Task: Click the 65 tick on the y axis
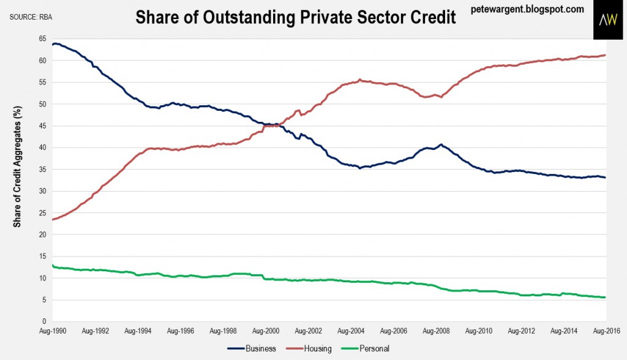(42, 39)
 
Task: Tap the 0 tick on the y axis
(44, 321)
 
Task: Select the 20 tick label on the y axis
(42, 234)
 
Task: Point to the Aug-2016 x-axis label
(606, 331)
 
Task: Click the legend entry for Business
(255, 349)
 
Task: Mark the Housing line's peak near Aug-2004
(360, 80)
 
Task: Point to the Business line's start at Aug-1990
(53, 44)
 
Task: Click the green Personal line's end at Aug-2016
(605, 298)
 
